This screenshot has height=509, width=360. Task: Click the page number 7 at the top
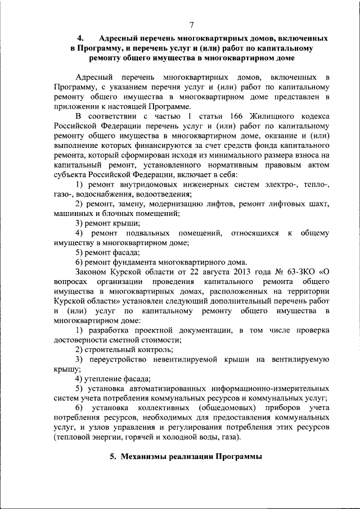191,24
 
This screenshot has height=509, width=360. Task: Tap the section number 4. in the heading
80,38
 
